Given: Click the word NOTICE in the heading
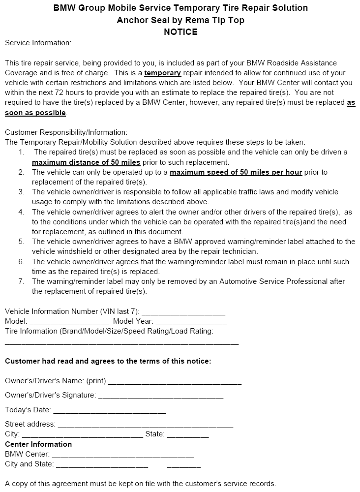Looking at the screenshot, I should (x=180, y=32).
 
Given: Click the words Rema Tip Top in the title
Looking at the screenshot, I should (x=217, y=20).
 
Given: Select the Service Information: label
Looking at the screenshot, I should (x=38, y=43).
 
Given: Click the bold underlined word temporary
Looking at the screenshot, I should (x=163, y=73).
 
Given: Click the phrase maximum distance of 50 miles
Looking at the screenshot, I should (x=86, y=162).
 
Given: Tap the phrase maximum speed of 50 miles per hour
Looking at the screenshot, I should (x=236, y=172).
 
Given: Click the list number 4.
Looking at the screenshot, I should (x=21, y=212).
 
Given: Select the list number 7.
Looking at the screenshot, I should (x=21, y=281).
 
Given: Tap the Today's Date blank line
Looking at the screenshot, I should (x=109, y=412).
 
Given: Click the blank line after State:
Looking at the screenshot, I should (x=188, y=436).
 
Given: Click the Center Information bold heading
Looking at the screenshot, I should (x=38, y=444).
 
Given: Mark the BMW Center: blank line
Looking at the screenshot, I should (x=122, y=456).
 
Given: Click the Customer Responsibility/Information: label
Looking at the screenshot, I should (x=66, y=132).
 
